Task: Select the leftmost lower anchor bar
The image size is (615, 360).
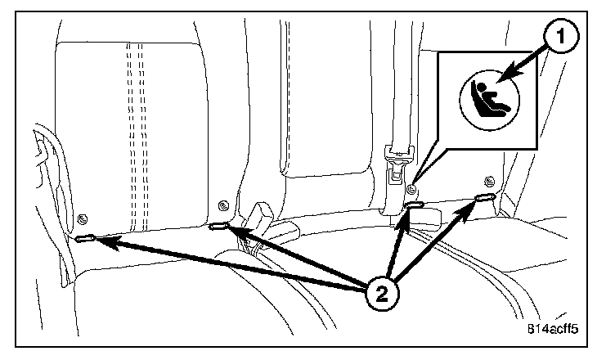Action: [86, 239]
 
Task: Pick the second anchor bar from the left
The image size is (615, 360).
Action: [219, 227]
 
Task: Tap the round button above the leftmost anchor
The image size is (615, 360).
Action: [83, 218]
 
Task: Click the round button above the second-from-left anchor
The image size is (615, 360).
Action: [221, 205]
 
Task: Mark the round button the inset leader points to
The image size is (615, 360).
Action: [415, 190]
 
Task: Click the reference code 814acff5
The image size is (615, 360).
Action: [552, 331]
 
